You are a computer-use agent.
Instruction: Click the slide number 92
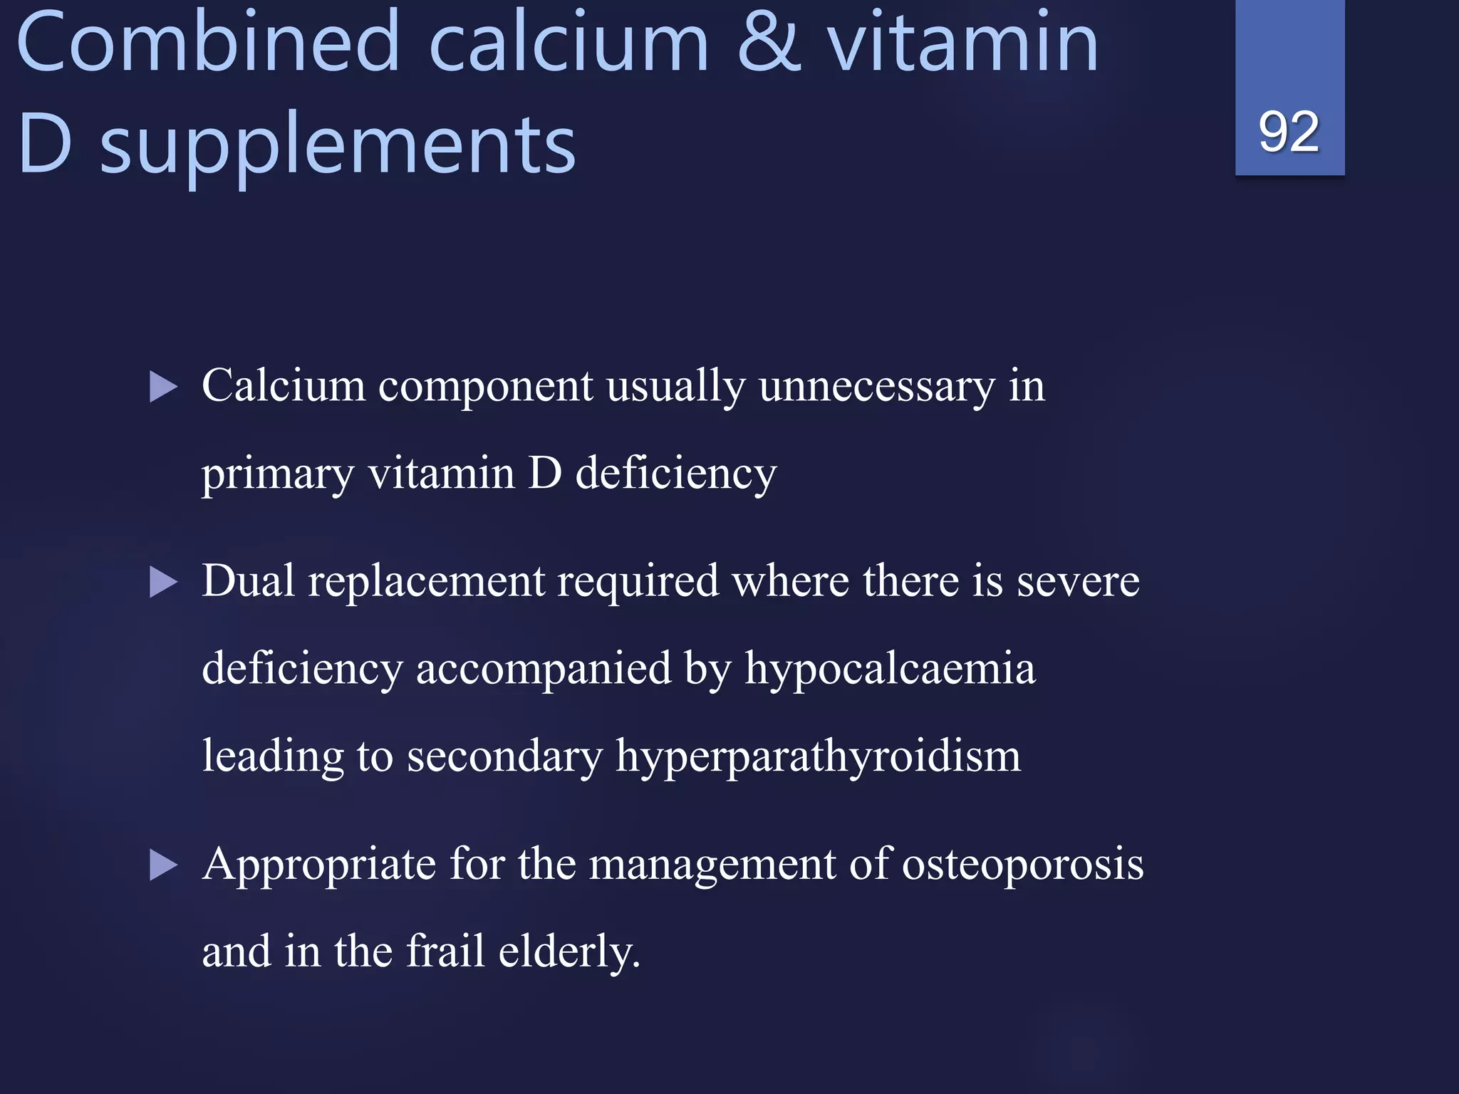(1289, 132)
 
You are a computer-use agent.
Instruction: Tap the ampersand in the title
(769, 43)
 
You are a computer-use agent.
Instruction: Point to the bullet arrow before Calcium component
(164, 388)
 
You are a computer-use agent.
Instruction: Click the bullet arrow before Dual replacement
(164, 583)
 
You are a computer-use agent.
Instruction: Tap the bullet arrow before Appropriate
(164, 866)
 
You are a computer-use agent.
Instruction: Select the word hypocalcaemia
(890, 670)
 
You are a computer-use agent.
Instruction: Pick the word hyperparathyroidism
(818, 756)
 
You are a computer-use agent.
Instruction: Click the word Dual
(248, 581)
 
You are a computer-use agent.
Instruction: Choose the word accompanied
(544, 670)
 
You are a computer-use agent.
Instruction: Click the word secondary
(504, 756)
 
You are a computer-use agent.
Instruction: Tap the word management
(712, 865)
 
